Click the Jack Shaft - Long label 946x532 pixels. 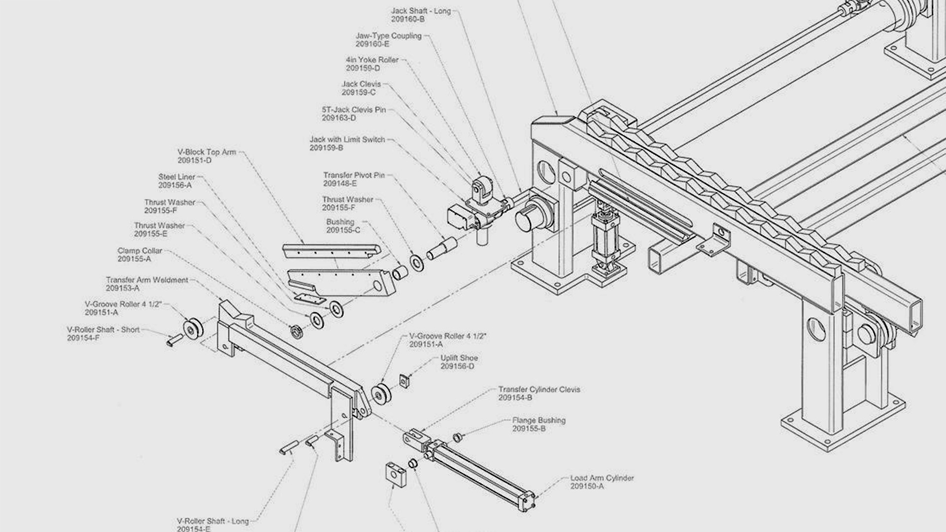(x=421, y=11)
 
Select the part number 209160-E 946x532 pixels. (x=372, y=44)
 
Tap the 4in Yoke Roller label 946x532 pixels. (x=372, y=60)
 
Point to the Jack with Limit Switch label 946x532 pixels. (x=347, y=140)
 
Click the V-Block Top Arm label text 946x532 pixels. (x=206, y=152)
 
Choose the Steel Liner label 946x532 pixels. (x=176, y=177)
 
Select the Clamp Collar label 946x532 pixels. (x=139, y=251)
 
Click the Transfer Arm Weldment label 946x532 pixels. (x=147, y=280)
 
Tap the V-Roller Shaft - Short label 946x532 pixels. (x=103, y=330)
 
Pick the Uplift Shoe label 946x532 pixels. (x=459, y=358)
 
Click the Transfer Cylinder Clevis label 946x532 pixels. (x=539, y=390)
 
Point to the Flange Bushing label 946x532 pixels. (x=539, y=421)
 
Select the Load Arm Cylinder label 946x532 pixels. (x=602, y=478)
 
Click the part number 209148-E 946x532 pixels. (x=339, y=184)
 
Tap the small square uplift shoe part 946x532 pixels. (x=405, y=381)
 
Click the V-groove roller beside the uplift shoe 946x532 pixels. (x=381, y=393)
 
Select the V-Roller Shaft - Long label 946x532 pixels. (x=212, y=521)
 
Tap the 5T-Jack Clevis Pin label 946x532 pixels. (x=354, y=110)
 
